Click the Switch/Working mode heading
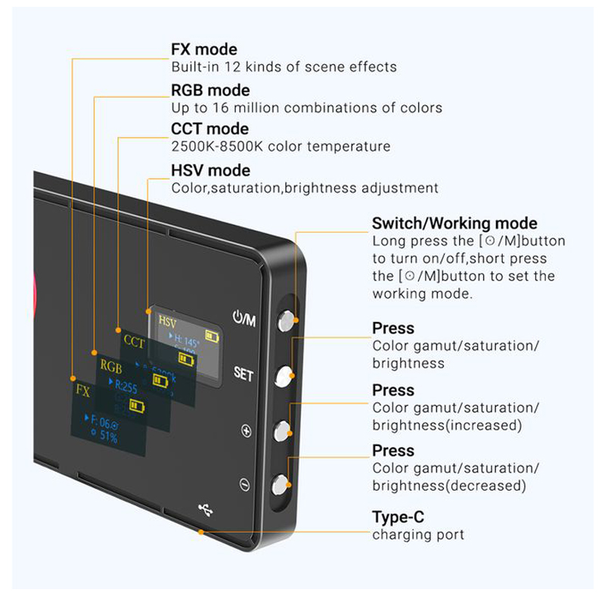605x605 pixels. pos(455,223)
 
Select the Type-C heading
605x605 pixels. pos(398,517)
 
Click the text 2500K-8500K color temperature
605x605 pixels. pos(281,147)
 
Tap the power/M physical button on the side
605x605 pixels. pos(286,321)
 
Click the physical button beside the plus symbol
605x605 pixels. pos(282,430)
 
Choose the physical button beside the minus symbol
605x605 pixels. pos(281,483)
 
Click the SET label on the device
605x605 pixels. pos(244,374)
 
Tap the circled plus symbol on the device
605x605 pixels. pos(245,431)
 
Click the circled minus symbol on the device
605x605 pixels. pos(244,484)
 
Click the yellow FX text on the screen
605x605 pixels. pos(82,391)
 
